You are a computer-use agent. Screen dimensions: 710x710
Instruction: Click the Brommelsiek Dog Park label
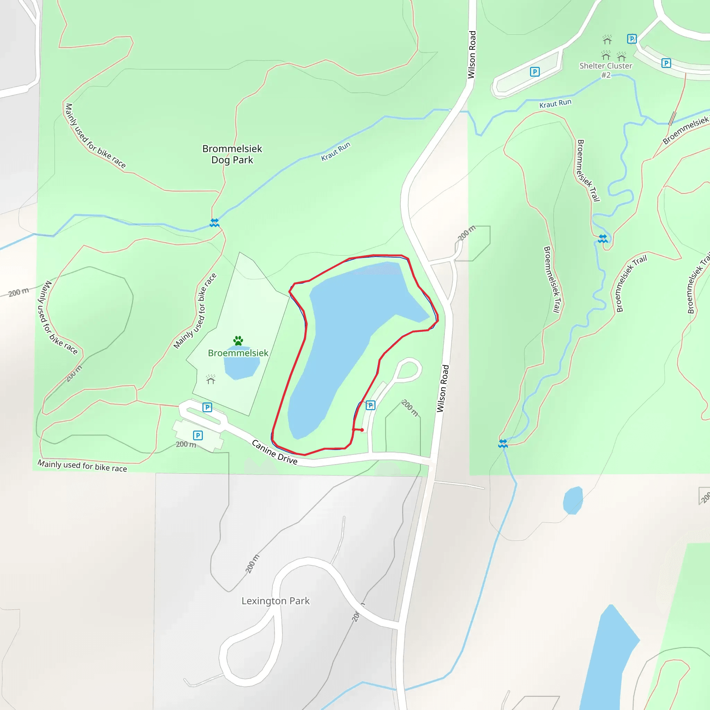click(232, 154)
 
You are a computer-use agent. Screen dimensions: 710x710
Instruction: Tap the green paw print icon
click(238, 340)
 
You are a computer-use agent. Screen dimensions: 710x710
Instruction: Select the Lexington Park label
click(275, 600)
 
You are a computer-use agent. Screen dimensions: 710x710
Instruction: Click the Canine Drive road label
click(274, 452)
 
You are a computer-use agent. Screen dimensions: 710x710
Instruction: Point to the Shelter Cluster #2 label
click(606, 70)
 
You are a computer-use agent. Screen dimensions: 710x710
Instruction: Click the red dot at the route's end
click(362, 430)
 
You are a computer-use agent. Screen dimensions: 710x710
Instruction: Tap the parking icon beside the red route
click(371, 405)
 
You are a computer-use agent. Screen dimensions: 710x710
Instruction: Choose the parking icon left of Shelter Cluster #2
click(535, 72)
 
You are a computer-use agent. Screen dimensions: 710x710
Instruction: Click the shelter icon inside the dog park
click(210, 379)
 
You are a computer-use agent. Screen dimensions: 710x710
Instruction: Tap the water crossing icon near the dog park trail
click(214, 223)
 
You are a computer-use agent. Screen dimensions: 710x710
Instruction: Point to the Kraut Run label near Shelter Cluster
click(555, 104)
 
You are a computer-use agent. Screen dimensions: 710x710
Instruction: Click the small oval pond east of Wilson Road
click(573, 500)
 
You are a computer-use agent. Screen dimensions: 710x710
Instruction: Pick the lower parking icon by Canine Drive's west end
click(198, 435)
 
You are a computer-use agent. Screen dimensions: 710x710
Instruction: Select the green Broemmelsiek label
click(238, 353)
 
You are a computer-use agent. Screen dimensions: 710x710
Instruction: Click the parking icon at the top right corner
click(631, 38)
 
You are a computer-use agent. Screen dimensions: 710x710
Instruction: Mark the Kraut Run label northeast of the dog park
click(336, 151)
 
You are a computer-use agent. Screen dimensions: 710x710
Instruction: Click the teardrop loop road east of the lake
click(408, 370)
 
